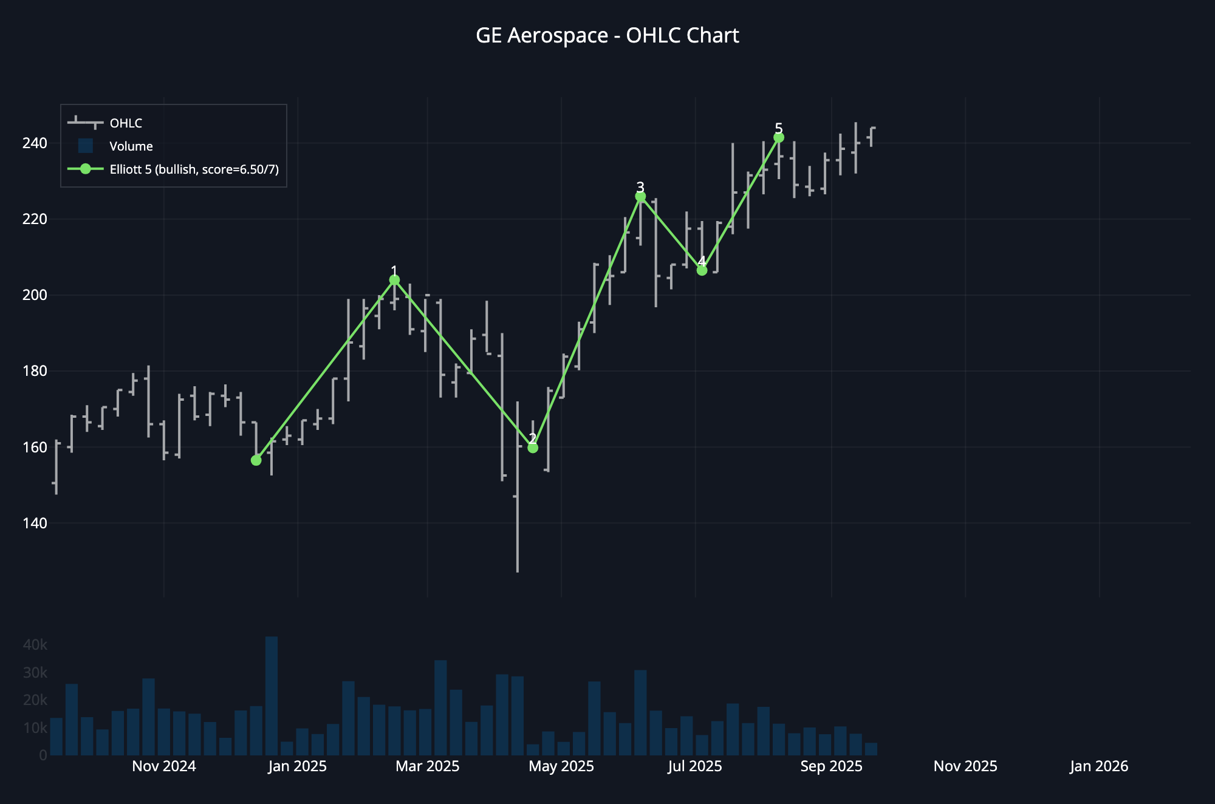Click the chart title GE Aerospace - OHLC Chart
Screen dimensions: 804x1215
(x=607, y=36)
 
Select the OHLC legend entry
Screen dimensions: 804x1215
(x=126, y=123)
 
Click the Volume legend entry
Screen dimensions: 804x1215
(x=131, y=146)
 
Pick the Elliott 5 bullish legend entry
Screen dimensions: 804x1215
(x=194, y=169)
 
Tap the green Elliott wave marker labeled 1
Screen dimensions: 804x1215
(x=394, y=280)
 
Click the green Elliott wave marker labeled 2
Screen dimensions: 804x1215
(x=533, y=448)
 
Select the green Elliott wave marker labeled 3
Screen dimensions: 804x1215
(x=640, y=197)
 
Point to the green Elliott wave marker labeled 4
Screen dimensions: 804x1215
(x=702, y=270)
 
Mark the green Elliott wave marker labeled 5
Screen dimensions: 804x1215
(x=779, y=138)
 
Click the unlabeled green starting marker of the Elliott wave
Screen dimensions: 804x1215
(x=256, y=460)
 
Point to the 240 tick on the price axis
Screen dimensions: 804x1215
(x=35, y=143)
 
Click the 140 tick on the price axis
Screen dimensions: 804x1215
(x=35, y=523)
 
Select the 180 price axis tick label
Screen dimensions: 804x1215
(x=35, y=371)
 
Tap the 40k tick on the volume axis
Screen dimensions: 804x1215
(x=35, y=645)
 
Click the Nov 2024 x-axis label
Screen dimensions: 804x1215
(x=164, y=766)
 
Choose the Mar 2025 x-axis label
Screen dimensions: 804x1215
(x=428, y=766)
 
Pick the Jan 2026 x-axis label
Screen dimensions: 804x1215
(x=1099, y=766)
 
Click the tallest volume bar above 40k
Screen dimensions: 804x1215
(x=272, y=695)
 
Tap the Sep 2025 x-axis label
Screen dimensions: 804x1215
(x=831, y=766)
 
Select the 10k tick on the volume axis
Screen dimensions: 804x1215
(x=35, y=728)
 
